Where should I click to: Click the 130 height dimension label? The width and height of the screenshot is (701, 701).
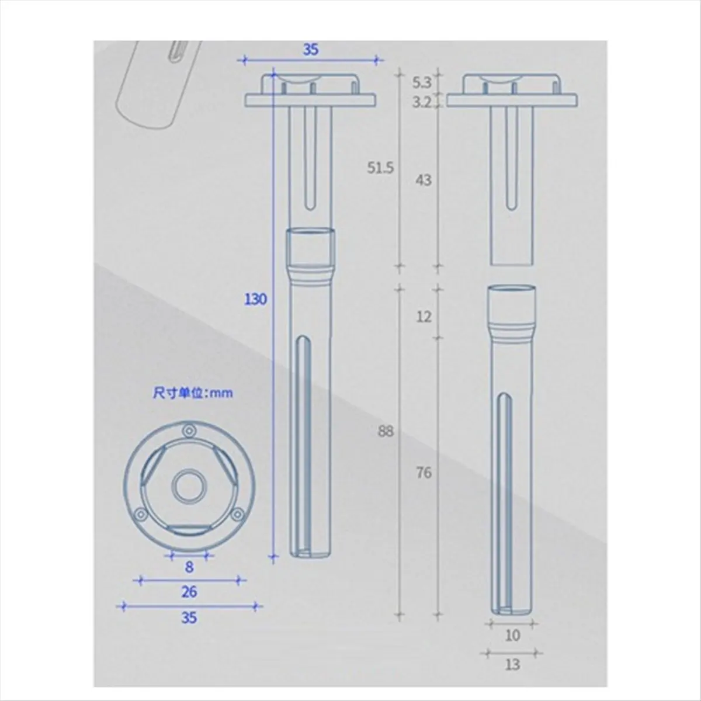pyautogui.click(x=256, y=300)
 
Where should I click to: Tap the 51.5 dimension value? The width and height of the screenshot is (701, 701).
pyautogui.click(x=380, y=168)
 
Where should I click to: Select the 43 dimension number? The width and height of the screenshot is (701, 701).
pyautogui.click(x=424, y=180)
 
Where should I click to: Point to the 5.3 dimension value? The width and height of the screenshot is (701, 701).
pyautogui.click(x=422, y=83)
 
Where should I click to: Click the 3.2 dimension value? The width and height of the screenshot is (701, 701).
pyautogui.click(x=422, y=103)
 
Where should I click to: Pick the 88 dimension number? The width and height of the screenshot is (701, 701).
pyautogui.click(x=386, y=432)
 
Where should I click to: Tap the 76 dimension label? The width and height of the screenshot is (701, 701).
pyautogui.click(x=424, y=473)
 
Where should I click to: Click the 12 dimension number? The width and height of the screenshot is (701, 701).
pyautogui.click(x=424, y=317)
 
